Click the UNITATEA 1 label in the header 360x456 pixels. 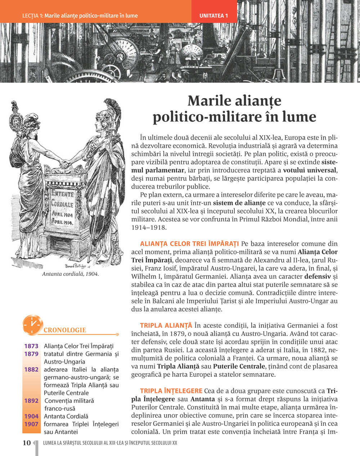[214, 16]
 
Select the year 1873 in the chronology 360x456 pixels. [31, 346]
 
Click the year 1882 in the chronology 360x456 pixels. [31, 369]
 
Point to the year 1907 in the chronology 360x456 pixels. [31, 424]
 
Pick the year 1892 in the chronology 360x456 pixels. [31, 401]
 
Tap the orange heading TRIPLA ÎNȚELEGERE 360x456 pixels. [171, 391]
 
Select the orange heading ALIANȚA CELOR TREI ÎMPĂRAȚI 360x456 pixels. [189, 244]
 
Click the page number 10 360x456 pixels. [27, 443]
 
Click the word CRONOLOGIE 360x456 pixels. [65, 330]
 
